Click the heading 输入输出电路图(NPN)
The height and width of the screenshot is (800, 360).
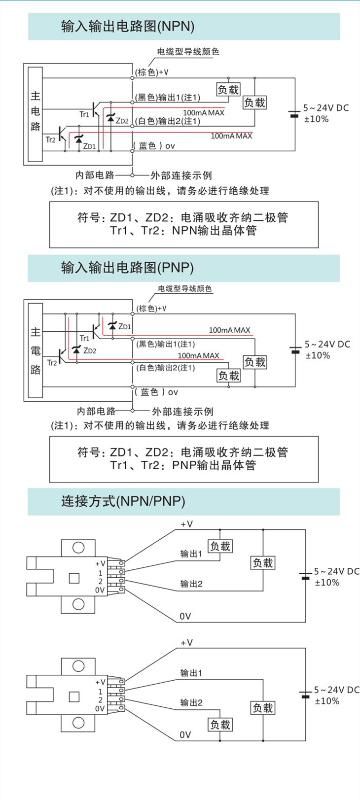click(127, 26)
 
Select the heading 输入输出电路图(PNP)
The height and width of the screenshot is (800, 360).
click(127, 268)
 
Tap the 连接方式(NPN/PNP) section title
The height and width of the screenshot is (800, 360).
click(123, 501)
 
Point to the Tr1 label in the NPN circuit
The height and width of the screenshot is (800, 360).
click(84, 114)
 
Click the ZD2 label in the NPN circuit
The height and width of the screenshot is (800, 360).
click(122, 121)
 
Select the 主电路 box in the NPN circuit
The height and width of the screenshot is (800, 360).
click(36, 114)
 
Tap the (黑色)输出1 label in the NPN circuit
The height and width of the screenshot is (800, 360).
click(168, 98)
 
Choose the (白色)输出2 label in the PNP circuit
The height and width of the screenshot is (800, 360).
click(166, 368)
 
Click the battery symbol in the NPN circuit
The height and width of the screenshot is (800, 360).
click(294, 114)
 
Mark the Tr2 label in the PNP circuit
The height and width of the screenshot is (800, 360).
click(52, 363)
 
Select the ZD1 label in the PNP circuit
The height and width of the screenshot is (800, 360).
click(125, 326)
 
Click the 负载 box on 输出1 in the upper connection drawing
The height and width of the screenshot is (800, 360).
click(220, 546)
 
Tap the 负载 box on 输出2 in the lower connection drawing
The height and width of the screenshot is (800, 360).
click(220, 724)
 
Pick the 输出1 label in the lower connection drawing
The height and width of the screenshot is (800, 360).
click(191, 673)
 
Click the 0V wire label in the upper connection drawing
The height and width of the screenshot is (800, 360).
click(185, 616)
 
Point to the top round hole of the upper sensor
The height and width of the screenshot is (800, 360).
click(78, 548)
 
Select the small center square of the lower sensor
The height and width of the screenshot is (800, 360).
click(74, 696)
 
